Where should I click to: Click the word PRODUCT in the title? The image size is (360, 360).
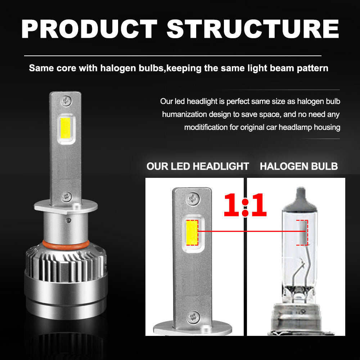89,29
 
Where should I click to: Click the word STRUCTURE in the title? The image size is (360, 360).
253,29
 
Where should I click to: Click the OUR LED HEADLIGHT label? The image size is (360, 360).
198,166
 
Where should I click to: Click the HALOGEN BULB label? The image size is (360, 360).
299,166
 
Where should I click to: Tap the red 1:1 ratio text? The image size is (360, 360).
245,205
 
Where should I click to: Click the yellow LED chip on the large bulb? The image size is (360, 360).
65,129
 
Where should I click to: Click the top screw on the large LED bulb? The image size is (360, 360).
66,100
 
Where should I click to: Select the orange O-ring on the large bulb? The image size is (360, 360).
66,245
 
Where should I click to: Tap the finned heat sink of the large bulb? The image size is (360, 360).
66,264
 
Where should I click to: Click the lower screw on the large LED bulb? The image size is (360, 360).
67,197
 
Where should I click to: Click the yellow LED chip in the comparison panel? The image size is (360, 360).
192,233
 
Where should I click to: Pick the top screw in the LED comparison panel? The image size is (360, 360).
193,198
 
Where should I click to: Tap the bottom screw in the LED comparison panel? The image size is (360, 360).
193,317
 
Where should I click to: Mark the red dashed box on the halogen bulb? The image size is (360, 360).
302,233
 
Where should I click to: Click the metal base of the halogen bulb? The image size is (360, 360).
301,318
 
